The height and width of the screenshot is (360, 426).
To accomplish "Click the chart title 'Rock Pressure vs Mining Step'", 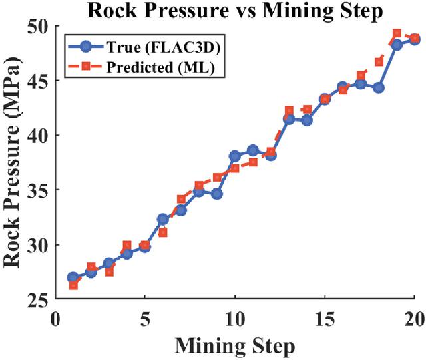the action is click(x=235, y=11).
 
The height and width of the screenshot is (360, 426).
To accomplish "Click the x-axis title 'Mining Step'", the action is click(x=235, y=345).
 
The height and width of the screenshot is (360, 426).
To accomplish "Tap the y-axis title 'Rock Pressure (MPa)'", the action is click(x=11, y=162).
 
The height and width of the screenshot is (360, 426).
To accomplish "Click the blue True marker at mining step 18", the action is click(x=379, y=88).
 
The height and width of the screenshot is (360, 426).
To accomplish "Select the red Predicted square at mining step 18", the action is click(x=379, y=62).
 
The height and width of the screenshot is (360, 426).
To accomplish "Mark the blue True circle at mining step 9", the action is click(x=217, y=194).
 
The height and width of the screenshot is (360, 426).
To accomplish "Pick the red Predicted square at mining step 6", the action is click(x=163, y=232).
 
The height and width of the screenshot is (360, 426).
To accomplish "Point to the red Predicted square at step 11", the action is click(x=253, y=162).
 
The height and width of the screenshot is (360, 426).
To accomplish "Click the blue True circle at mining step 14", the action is click(x=307, y=120).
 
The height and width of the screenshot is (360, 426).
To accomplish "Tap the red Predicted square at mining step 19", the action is click(x=397, y=33).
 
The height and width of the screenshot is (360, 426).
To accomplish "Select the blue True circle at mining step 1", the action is click(x=73, y=277).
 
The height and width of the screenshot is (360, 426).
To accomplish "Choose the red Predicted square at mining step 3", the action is click(x=109, y=271).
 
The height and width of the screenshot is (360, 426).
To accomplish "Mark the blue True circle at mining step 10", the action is click(x=235, y=156).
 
